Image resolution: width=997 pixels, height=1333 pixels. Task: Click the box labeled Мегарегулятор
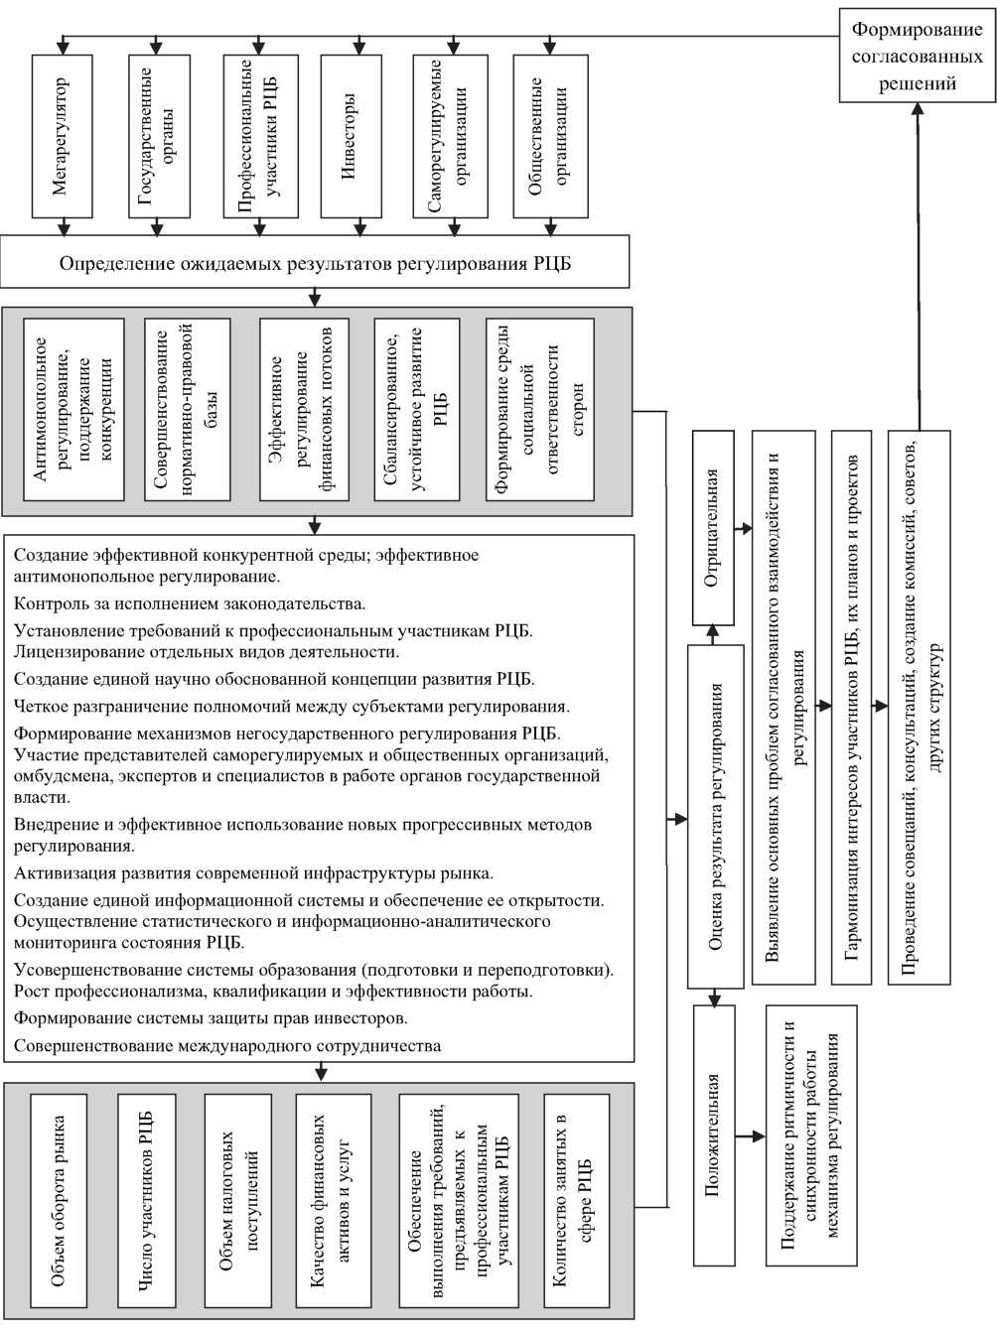pyautogui.click(x=62, y=136)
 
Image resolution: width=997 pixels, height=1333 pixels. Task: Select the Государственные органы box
pyautogui.click(x=159, y=136)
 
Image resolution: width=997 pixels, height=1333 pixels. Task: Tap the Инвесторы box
pyautogui.click(x=351, y=136)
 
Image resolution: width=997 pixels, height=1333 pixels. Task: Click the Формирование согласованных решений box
pyautogui.click(x=917, y=57)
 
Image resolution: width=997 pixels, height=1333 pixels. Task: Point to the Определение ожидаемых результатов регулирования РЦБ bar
pyautogui.click(x=315, y=263)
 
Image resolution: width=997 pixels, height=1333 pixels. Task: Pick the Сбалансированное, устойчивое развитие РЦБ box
pyautogui.click(x=417, y=409)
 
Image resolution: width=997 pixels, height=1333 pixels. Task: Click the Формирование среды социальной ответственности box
pyautogui.click(x=540, y=409)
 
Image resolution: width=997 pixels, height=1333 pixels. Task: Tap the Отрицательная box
pyautogui.click(x=712, y=528)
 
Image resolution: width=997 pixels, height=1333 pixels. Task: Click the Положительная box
pyautogui.click(x=714, y=1134)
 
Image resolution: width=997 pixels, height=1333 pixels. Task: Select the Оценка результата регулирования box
pyautogui.click(x=714, y=816)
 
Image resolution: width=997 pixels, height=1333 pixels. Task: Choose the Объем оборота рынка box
pyautogui.click(x=60, y=1201)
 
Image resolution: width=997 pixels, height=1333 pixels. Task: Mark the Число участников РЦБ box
pyautogui.click(x=146, y=1201)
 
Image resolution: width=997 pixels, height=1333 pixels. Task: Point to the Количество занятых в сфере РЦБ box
pyautogui.click(x=576, y=1201)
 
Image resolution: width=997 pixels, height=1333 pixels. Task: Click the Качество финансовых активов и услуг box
pyautogui.click(x=333, y=1201)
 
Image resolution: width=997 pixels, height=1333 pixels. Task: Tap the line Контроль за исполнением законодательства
pyautogui.click(x=190, y=603)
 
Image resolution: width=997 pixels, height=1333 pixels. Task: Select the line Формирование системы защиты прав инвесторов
pyautogui.click(x=211, y=1018)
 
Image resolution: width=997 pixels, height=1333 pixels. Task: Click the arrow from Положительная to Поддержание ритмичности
pyautogui.click(x=750, y=1134)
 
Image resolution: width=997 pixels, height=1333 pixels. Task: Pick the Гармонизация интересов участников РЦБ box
pyautogui.click(x=852, y=707)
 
